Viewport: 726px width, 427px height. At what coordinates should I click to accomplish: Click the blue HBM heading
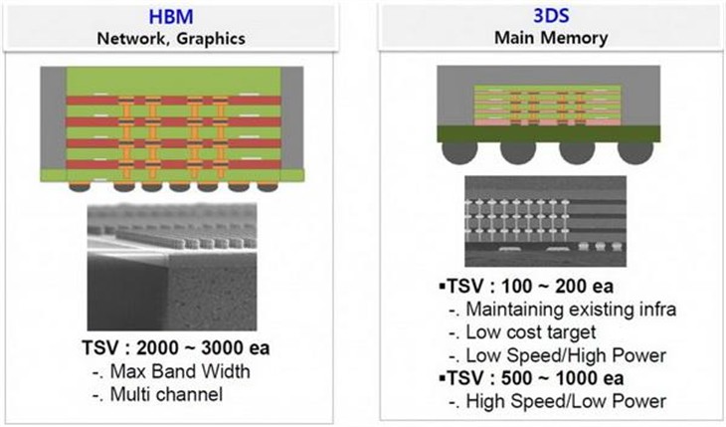coord(171,17)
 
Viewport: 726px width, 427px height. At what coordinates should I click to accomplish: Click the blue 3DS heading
coord(551,16)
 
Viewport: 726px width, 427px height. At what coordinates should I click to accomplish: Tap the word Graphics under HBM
coord(211,39)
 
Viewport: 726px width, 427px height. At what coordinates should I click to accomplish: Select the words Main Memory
coord(551,38)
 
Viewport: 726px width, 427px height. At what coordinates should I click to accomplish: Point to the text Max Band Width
coord(180,371)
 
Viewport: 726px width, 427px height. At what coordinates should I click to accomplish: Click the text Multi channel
coord(166,394)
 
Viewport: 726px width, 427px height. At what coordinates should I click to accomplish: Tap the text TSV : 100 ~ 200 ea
coord(530,286)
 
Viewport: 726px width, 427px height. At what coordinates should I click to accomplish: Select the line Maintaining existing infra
coord(571,309)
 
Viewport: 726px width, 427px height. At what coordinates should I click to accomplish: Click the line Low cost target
coord(531,332)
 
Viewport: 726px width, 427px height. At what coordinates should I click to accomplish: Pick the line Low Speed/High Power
coord(566,355)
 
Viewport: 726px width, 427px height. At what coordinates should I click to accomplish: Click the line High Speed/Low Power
coord(566,401)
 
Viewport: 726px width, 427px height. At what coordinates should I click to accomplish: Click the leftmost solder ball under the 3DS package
coord(459,152)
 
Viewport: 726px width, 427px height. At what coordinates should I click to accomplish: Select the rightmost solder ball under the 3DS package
coord(635,152)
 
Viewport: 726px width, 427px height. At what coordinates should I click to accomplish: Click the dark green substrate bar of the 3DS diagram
coord(549,133)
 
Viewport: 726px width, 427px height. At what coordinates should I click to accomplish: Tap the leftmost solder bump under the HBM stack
coord(80,187)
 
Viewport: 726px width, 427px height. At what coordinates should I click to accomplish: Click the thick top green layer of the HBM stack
coord(173,82)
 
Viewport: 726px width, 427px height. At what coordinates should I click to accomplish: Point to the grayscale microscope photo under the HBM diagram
coord(172,267)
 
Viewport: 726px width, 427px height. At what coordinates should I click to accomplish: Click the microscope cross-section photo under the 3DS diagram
coord(545,221)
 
